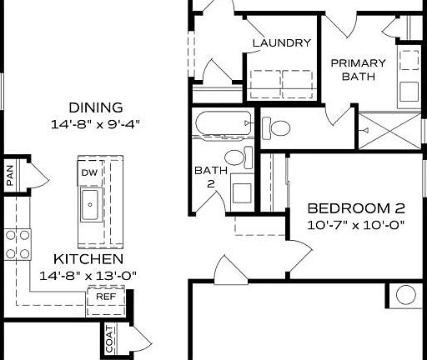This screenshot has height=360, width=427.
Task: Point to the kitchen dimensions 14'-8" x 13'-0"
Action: click(88, 275)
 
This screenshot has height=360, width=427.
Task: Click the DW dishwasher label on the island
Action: click(89, 172)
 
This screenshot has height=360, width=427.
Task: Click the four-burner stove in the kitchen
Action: click(17, 244)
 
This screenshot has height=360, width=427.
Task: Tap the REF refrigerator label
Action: click(106, 296)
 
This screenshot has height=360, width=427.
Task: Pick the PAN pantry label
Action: click(10, 176)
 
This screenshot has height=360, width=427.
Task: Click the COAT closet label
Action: click(109, 340)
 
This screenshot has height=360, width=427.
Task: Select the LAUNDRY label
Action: click(281, 43)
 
